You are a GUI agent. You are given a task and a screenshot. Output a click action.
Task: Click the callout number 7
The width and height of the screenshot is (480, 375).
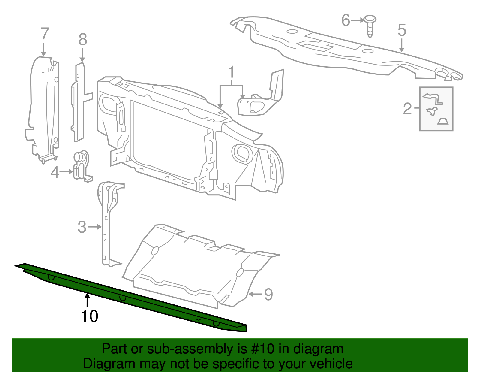pos(45,34)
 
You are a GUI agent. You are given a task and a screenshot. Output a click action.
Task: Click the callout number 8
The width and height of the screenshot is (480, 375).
pos(83,40)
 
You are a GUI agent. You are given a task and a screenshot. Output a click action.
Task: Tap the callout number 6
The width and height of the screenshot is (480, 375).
pos(346,20)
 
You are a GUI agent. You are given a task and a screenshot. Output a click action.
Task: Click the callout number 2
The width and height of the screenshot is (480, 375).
pos(407,109)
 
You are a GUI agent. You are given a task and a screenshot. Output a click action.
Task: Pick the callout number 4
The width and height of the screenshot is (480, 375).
pos(55,172)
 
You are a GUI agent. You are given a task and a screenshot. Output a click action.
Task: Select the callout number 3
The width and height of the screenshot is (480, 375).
pos(82,227)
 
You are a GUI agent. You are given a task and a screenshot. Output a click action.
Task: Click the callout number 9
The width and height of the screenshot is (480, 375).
pos(268,294)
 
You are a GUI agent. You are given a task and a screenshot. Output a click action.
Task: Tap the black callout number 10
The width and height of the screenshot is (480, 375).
pos(89,316)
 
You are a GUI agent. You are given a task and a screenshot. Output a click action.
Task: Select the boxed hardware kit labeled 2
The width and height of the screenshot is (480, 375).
pos(436,109)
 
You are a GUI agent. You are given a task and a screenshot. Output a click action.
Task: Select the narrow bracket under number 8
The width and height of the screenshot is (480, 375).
pos(79,102)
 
